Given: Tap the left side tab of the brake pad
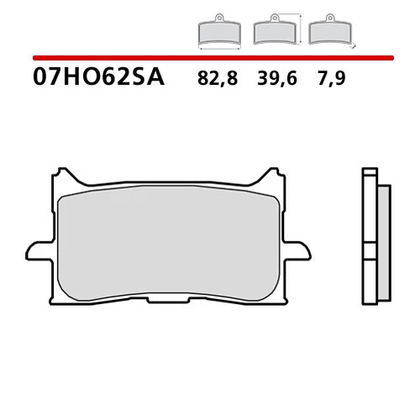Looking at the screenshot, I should point(38,250).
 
